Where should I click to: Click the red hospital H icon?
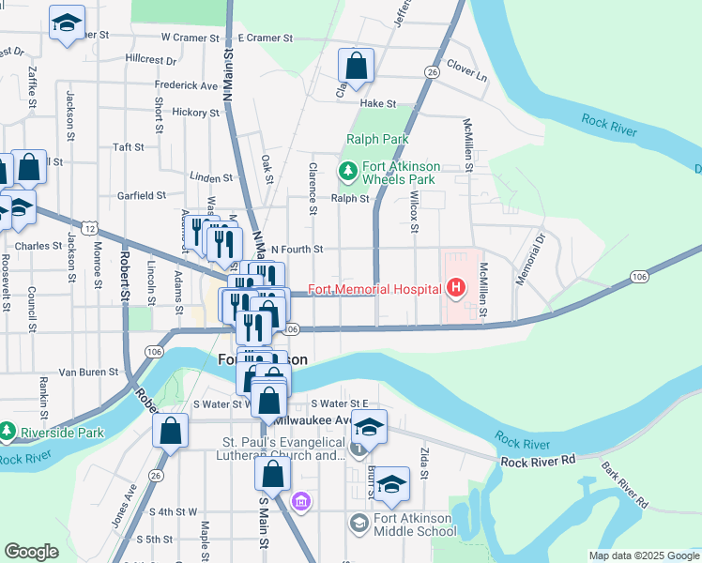pyautogui.click(x=456, y=287)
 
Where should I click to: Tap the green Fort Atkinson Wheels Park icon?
pyautogui.click(x=348, y=171)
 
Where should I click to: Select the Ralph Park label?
pyautogui.click(x=377, y=139)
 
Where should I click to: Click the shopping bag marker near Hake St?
pyautogui.click(x=356, y=66)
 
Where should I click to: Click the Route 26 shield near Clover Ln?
pyautogui.click(x=431, y=71)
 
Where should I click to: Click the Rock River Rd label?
pyautogui.click(x=537, y=462)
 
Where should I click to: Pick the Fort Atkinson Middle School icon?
pyautogui.click(x=359, y=522)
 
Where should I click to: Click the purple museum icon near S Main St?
pyautogui.click(x=300, y=502)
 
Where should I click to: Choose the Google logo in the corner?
pyautogui.click(x=31, y=552)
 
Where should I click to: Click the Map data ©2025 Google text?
pyautogui.click(x=643, y=555)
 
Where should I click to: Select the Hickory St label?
pyautogui.click(x=195, y=113)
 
